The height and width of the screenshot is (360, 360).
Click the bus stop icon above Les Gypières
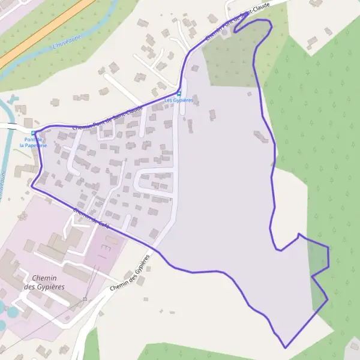tap(178, 93)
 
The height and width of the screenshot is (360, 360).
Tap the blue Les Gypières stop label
tap(178, 100)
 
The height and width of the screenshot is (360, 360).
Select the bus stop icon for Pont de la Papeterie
tap(32, 133)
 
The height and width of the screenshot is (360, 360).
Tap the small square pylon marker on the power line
tap(86, 299)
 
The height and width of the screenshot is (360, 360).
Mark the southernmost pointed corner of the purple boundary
tap(286, 347)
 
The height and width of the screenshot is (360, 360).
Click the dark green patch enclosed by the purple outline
tap(319, 256)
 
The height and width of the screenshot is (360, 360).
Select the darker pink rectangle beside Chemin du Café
tap(106, 246)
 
